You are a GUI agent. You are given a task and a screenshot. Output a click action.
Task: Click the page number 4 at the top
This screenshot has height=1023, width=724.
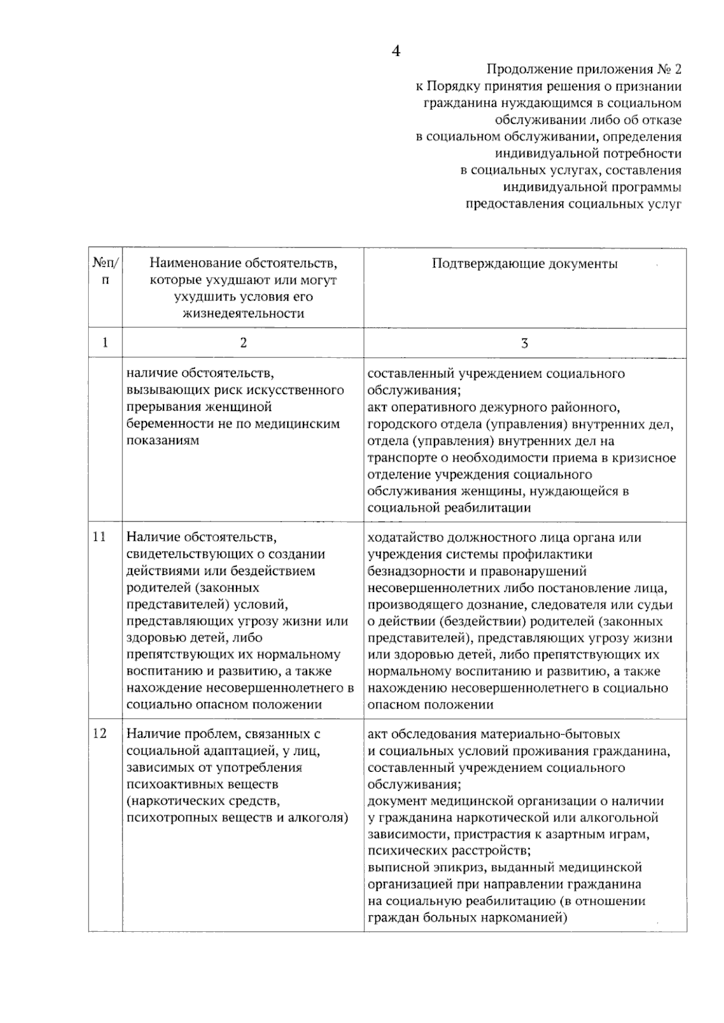pos(396,51)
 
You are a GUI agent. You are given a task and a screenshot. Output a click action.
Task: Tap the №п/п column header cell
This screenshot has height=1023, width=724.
pos(106,272)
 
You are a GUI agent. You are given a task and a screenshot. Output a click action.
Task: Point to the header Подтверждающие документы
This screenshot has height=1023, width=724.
pos(524,263)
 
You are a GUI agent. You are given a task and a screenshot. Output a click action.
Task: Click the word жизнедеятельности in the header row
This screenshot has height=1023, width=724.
pos(243,313)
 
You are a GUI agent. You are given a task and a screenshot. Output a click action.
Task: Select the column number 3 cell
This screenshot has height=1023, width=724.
pos(524,343)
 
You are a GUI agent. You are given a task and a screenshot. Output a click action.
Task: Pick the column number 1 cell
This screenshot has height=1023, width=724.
pos(106,343)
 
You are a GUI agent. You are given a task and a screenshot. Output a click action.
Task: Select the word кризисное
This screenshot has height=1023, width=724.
pos(646,457)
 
